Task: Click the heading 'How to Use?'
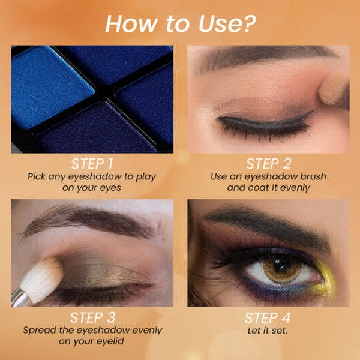[180, 23]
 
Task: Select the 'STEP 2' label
[268, 163]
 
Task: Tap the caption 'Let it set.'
[268, 331]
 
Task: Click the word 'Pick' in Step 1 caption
[38, 176]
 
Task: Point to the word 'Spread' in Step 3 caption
[40, 331]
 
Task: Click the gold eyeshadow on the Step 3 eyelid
[102, 273]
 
